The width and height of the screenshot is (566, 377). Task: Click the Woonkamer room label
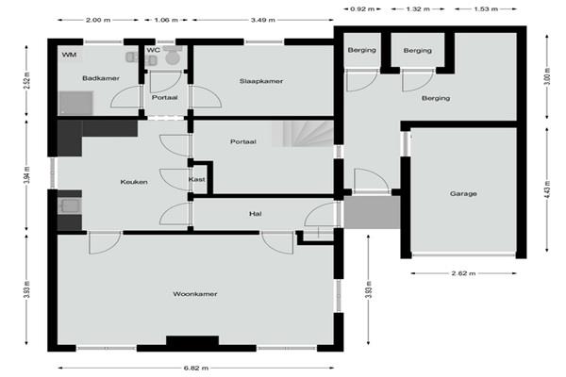point(195,294)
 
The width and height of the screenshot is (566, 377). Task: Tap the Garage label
point(463,194)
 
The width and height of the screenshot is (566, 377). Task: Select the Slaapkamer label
point(261,81)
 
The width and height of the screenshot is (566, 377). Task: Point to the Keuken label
point(134,182)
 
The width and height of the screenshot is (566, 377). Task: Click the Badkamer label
point(101,78)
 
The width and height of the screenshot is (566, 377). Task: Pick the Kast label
point(197,179)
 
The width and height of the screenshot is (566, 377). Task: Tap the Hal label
point(256,214)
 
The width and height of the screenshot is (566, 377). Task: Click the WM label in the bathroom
point(69,55)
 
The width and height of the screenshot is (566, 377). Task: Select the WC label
point(153,50)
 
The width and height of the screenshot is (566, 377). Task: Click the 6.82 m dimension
point(195,368)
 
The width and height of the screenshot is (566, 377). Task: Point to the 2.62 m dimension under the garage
point(463,273)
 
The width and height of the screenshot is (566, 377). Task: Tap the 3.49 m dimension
point(263,20)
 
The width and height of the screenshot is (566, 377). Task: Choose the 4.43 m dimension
point(547,189)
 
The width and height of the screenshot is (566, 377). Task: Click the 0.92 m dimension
point(362,9)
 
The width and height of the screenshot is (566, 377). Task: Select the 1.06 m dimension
point(166,20)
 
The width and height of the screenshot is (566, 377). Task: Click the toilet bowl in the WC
point(173,57)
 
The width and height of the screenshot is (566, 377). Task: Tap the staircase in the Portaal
point(303,134)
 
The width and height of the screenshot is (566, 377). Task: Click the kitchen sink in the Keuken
point(70,206)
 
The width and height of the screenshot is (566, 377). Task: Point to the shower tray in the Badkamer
point(75,104)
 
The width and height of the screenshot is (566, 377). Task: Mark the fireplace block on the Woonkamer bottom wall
point(192,340)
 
